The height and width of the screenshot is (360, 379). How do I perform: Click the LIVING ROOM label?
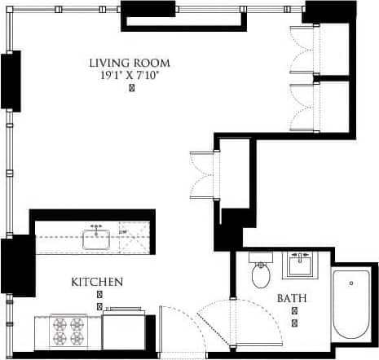[x=131, y=63]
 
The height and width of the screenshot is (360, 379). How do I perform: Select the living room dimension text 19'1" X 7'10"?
[x=131, y=75]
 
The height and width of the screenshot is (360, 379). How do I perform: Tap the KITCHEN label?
[x=97, y=282]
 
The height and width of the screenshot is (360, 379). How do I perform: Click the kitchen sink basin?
[x=97, y=239]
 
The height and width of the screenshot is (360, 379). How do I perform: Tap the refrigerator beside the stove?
[x=124, y=332]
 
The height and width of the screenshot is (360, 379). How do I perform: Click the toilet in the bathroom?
[x=262, y=274]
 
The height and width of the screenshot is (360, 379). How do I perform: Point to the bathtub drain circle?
[x=352, y=283]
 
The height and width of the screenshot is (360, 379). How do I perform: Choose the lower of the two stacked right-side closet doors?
[x=303, y=105]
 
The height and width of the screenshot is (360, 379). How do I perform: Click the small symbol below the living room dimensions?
[x=132, y=88]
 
